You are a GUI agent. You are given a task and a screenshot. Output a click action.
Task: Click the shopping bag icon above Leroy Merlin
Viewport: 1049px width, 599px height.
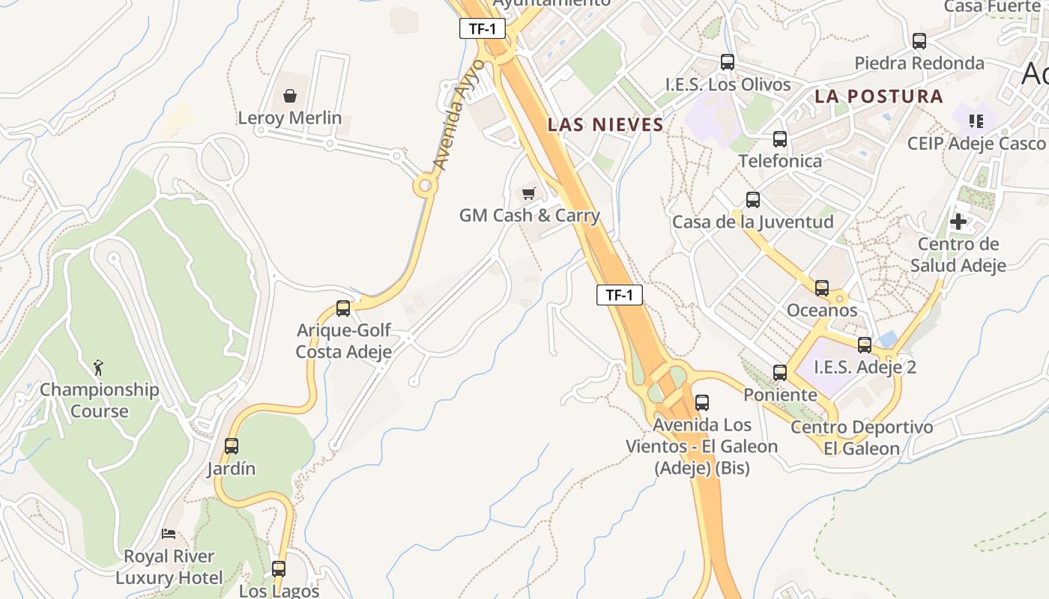[x=290, y=96]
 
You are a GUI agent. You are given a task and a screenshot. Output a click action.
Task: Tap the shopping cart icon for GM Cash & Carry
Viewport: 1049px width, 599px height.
[x=529, y=194]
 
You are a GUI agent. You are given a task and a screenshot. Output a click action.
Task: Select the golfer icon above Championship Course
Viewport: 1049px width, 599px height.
[x=98, y=368]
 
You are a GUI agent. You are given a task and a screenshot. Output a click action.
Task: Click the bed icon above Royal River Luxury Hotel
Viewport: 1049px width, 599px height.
[x=169, y=534]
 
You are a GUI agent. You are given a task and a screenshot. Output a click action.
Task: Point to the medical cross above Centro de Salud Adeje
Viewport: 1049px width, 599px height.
[x=958, y=222]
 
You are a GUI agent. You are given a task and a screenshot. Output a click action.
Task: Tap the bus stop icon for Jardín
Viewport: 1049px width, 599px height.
[x=232, y=446]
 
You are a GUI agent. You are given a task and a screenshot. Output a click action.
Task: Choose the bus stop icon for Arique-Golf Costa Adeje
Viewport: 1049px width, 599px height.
[x=343, y=308]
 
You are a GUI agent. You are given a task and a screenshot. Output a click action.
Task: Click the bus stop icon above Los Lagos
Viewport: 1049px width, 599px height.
[x=279, y=568]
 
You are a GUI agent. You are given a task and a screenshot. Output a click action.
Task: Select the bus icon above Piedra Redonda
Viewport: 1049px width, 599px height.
[x=919, y=41]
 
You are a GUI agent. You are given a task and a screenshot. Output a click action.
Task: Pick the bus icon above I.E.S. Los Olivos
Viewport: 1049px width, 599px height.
[x=728, y=62]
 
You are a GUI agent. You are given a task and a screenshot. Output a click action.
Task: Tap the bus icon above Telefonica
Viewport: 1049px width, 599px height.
[x=780, y=139]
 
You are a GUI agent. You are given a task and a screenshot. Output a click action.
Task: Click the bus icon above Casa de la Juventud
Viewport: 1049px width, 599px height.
[x=753, y=200]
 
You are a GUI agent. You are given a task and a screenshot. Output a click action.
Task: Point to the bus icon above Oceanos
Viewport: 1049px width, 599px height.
[x=822, y=288]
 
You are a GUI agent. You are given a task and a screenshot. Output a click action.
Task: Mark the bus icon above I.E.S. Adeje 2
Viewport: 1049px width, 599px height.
[x=865, y=345]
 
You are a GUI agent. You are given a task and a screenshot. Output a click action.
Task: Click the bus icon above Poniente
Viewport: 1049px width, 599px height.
[x=780, y=372]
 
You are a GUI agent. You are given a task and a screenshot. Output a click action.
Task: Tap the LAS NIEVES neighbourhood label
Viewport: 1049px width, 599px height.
[x=605, y=125]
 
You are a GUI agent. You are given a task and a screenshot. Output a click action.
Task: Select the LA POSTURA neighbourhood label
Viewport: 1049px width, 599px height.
[x=879, y=97]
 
